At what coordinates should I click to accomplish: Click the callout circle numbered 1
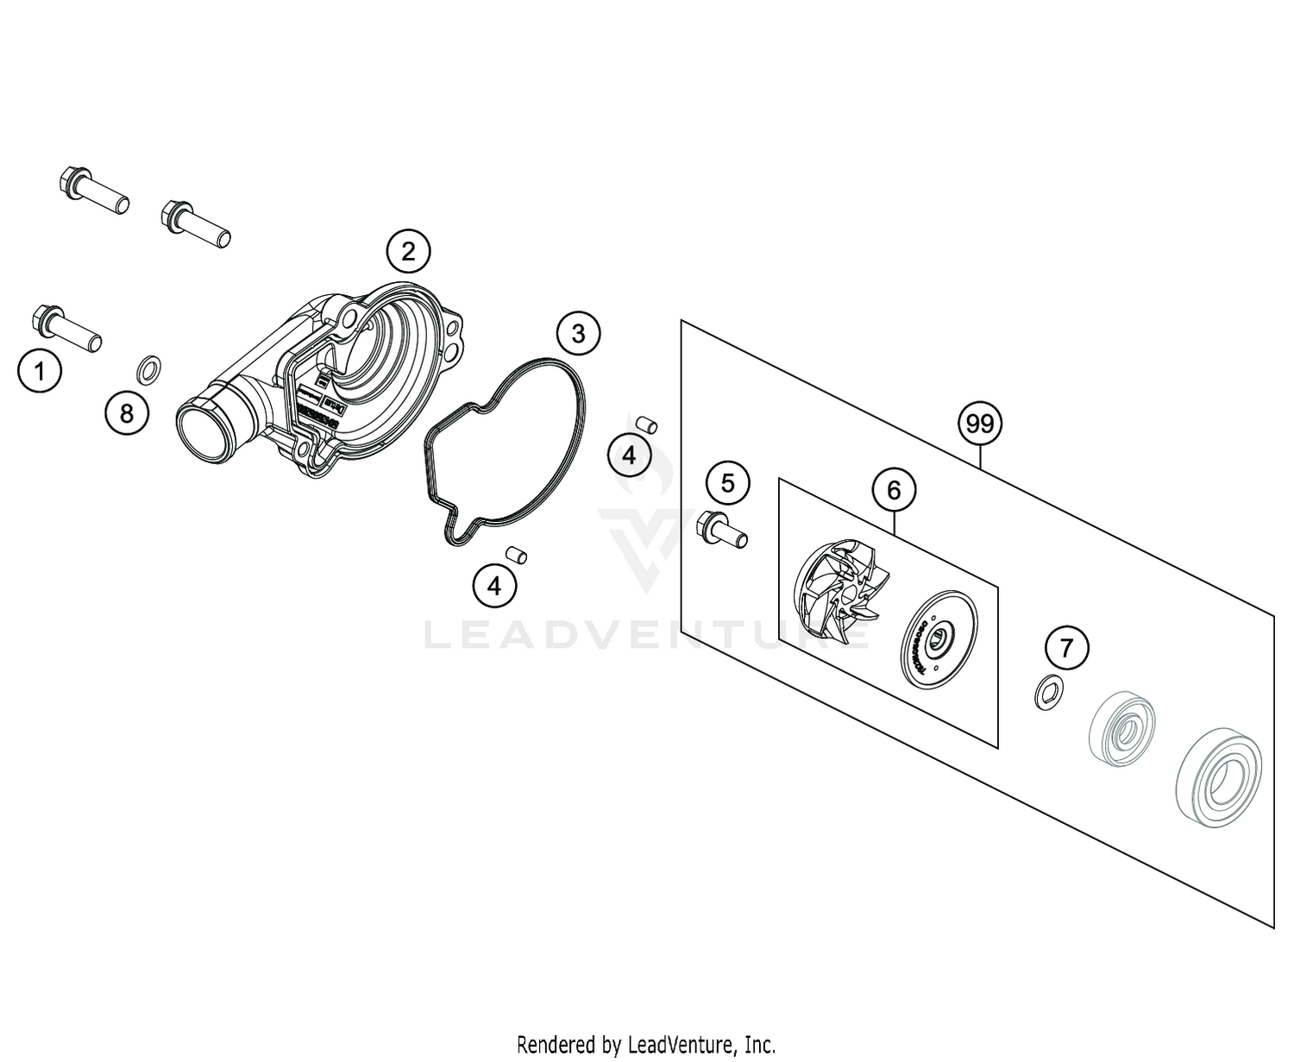point(39,372)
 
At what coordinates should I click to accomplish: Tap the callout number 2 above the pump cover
point(408,252)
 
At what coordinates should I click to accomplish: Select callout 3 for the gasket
point(578,333)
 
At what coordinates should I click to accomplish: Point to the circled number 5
point(727,483)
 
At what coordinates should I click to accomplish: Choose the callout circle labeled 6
point(894,490)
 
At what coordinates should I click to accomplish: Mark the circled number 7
point(1067,647)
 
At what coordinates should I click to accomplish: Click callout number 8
point(127,413)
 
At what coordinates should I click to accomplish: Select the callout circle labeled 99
point(980,424)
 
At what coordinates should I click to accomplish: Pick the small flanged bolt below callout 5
point(723,528)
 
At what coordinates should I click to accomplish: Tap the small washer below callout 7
point(1048,691)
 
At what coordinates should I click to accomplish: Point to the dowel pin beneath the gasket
point(516,554)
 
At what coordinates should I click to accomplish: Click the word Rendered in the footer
point(552,1045)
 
